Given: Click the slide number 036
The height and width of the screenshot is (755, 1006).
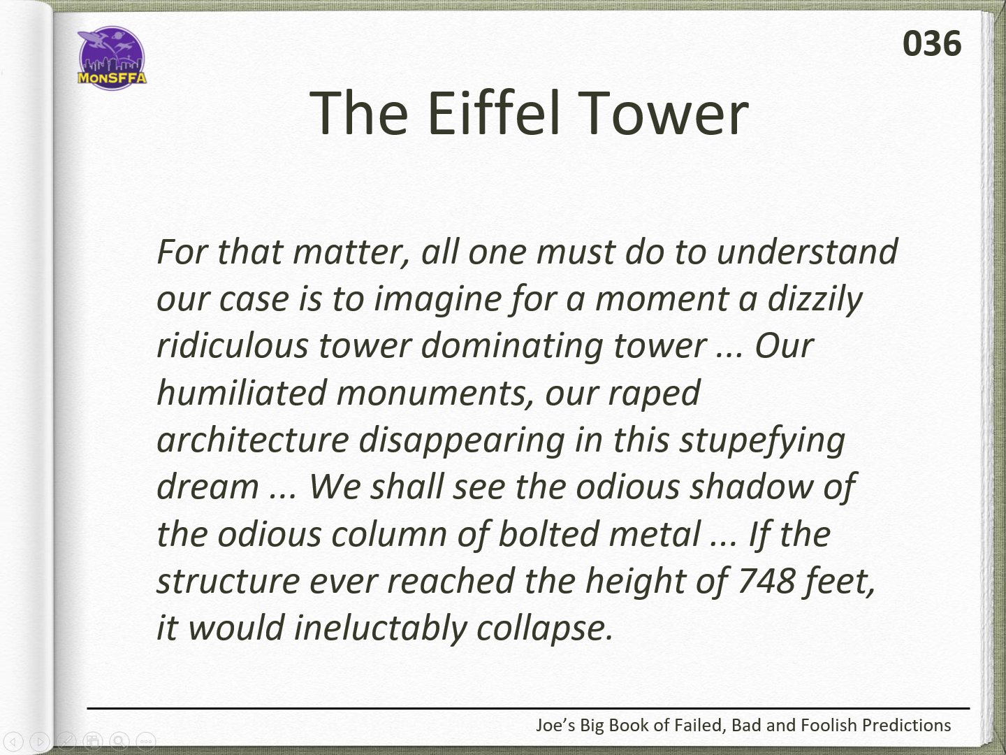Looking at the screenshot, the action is click(x=932, y=44).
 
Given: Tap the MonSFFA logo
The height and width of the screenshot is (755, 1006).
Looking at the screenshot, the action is click(x=112, y=58).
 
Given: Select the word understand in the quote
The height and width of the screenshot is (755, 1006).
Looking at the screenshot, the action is click(x=807, y=252).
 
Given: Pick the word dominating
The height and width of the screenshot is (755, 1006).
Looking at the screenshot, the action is click(x=511, y=347).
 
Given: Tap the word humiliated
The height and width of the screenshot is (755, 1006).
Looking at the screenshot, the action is click(x=242, y=393).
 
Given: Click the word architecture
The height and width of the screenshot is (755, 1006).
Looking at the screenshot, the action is click(x=253, y=440).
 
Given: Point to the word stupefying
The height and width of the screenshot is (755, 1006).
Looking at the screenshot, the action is click(x=762, y=441).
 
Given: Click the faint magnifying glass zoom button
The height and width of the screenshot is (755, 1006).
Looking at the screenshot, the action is click(x=119, y=741).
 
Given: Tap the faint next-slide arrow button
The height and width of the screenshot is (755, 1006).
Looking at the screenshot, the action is click(x=39, y=741).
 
